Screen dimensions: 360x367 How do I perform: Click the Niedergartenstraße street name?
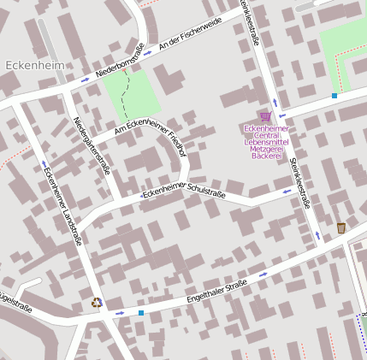pyautogui.click(x=92, y=146)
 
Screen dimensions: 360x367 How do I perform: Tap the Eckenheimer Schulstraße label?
pyautogui.click(x=184, y=192)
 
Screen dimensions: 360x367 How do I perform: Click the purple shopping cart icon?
pyautogui.click(x=265, y=116)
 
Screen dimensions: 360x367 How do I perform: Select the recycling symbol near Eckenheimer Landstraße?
pyautogui.click(x=97, y=302)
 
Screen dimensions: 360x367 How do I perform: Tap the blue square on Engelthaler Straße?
pyautogui.click(x=141, y=313)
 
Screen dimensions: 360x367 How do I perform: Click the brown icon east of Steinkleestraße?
pyautogui.click(x=341, y=227)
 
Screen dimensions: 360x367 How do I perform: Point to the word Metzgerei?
pyautogui.click(x=264, y=150)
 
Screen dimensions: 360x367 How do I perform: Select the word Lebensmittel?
pyautogui.click(x=264, y=141)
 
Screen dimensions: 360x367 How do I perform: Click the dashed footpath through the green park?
pyautogui.click(x=127, y=94)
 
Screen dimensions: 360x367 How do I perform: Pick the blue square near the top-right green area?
pyautogui.click(x=334, y=96)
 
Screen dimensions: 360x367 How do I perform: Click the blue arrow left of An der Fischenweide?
pyautogui.click(x=148, y=53)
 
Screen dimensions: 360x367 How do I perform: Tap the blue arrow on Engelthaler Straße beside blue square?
pyautogui.click(x=120, y=314)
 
